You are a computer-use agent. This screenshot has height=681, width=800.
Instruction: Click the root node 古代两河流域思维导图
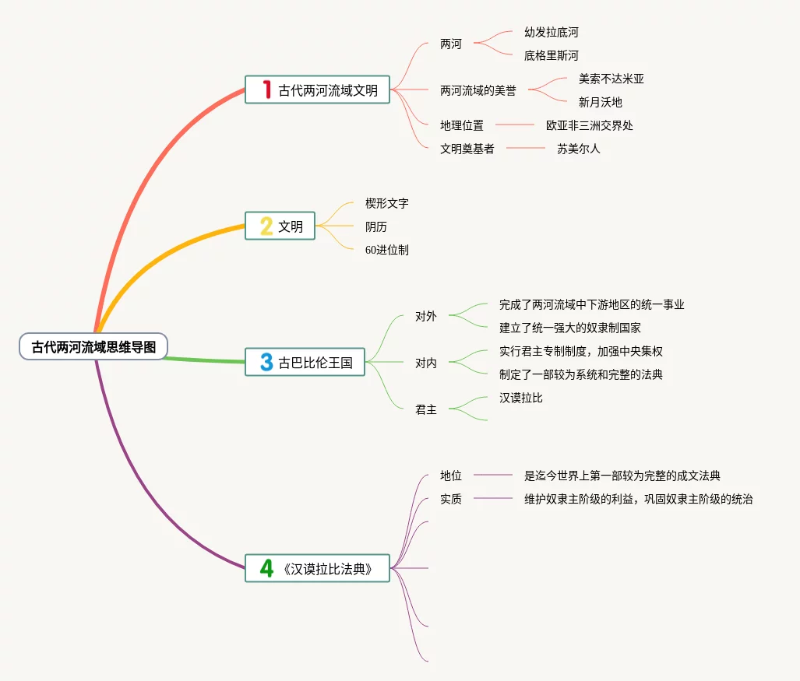(93, 347)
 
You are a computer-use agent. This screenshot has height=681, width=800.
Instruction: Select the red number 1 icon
(266, 90)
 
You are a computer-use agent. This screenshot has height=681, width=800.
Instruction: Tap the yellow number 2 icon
(266, 226)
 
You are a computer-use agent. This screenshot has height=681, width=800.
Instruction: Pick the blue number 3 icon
(266, 362)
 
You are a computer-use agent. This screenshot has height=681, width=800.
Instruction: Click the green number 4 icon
(266, 568)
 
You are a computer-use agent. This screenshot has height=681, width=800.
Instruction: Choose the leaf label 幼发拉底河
(551, 33)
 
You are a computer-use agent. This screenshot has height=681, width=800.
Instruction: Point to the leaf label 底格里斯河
(551, 55)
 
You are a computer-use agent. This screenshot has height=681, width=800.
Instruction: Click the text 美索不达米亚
(611, 79)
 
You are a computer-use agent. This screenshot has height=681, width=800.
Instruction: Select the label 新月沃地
(600, 102)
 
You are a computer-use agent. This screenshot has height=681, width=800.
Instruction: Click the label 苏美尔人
(578, 148)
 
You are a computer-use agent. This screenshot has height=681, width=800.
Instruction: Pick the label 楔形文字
(386, 203)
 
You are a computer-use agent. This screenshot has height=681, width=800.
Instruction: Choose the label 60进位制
(386, 250)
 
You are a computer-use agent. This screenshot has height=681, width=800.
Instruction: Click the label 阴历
(375, 226)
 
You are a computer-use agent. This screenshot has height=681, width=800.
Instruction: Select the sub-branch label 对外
(425, 316)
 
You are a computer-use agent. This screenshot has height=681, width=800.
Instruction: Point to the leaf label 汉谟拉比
(520, 398)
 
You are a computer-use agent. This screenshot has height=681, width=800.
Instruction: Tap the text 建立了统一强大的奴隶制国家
(570, 328)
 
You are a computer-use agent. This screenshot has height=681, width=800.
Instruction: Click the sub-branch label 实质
(450, 499)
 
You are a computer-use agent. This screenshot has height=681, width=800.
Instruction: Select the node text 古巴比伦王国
(315, 363)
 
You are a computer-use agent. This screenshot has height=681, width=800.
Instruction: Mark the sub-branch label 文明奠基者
(467, 148)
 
